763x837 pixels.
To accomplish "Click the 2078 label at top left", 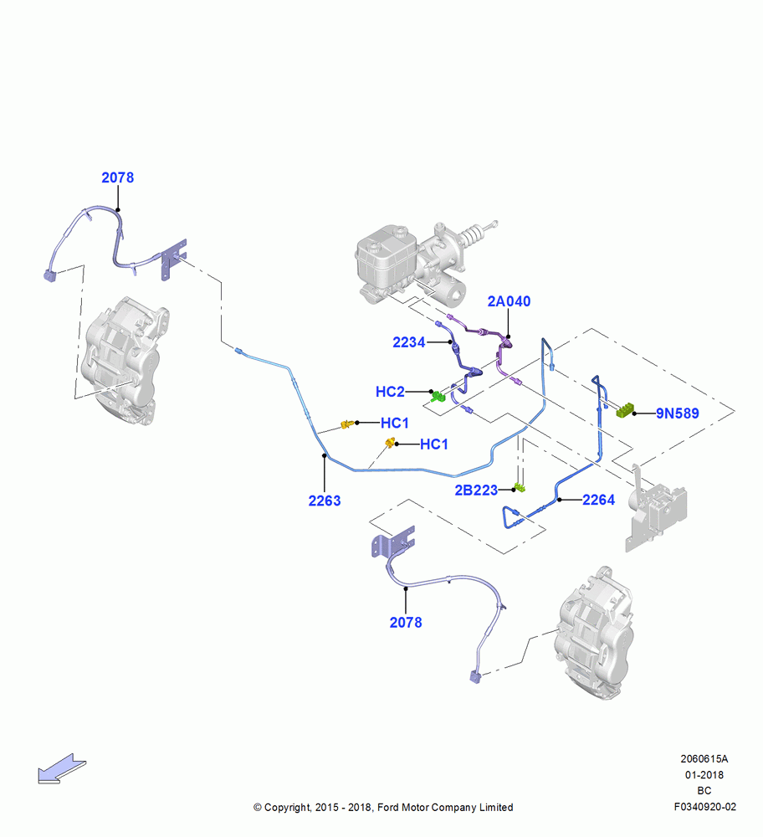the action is (x=117, y=177).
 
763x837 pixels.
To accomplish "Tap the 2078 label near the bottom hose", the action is (x=406, y=623).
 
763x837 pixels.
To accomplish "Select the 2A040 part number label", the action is (x=509, y=301).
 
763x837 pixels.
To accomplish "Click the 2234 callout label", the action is (x=409, y=342).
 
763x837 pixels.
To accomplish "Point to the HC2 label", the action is (x=390, y=392).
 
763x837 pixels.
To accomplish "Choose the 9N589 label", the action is (x=677, y=413).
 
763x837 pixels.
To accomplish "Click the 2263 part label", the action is (x=325, y=501).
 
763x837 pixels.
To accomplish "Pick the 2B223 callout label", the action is (x=476, y=490).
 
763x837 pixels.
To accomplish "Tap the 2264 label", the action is (x=599, y=500).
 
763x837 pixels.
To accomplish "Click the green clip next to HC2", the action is (x=438, y=396).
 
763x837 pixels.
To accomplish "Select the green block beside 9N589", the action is (x=625, y=410).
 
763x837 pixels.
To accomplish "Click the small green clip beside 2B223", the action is (x=520, y=487).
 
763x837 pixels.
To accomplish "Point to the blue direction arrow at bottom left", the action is (x=62, y=768).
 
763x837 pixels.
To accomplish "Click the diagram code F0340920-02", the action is (x=704, y=807).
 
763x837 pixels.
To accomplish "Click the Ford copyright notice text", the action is (x=383, y=807).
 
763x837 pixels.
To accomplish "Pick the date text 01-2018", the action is (x=704, y=774).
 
